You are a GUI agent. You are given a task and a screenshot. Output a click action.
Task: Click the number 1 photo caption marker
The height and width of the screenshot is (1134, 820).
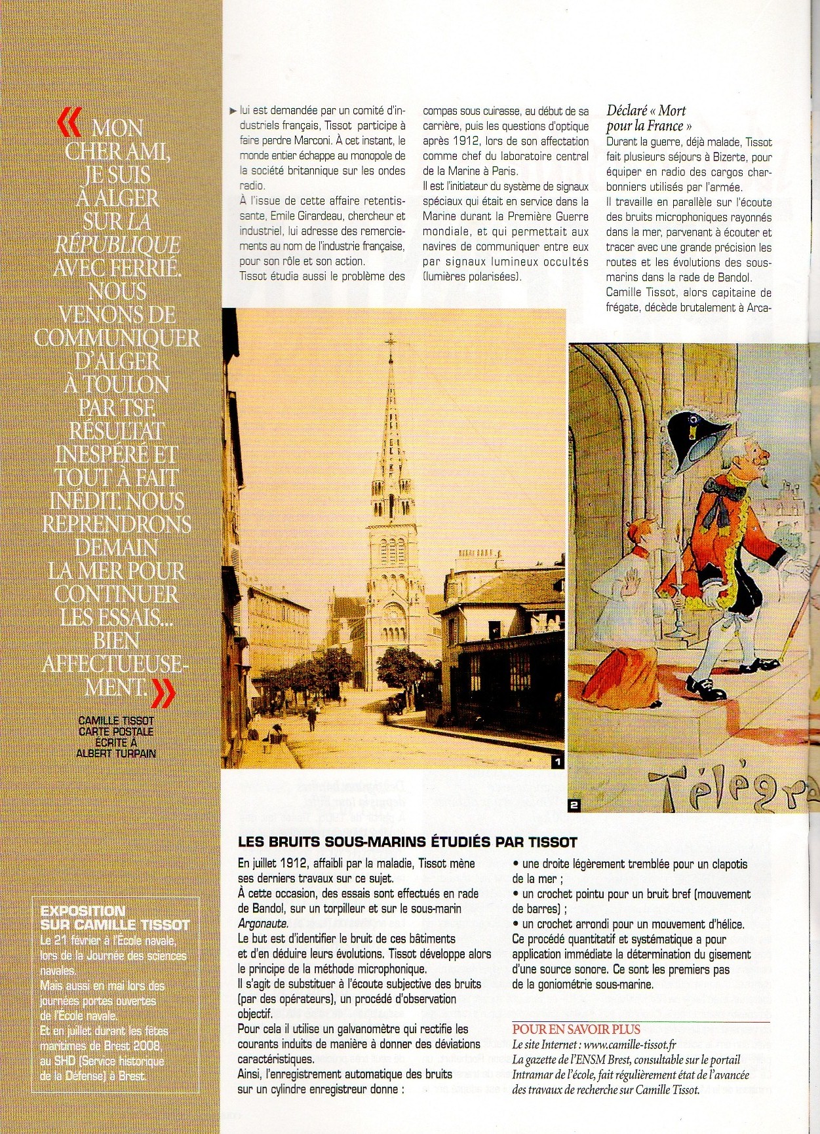557,761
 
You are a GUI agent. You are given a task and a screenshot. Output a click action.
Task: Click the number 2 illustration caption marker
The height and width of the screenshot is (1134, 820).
574,805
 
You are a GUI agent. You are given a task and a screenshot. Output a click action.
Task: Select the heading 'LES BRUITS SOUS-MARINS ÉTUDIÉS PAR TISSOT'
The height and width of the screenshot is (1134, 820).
407,842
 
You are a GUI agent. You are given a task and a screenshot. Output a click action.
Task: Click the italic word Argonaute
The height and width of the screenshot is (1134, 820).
263,924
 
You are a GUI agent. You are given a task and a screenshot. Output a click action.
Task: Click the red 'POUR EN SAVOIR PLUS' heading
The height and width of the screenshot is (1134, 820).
576,1029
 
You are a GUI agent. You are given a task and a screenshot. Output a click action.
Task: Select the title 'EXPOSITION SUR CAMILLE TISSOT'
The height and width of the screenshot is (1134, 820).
115,918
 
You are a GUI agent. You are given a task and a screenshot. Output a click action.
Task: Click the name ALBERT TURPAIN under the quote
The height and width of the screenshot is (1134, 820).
116,753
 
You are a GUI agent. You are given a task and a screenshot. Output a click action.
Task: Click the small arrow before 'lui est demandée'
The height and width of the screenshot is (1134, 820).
233,111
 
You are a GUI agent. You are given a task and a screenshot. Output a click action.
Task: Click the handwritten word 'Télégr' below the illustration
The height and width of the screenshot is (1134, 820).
728,785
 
